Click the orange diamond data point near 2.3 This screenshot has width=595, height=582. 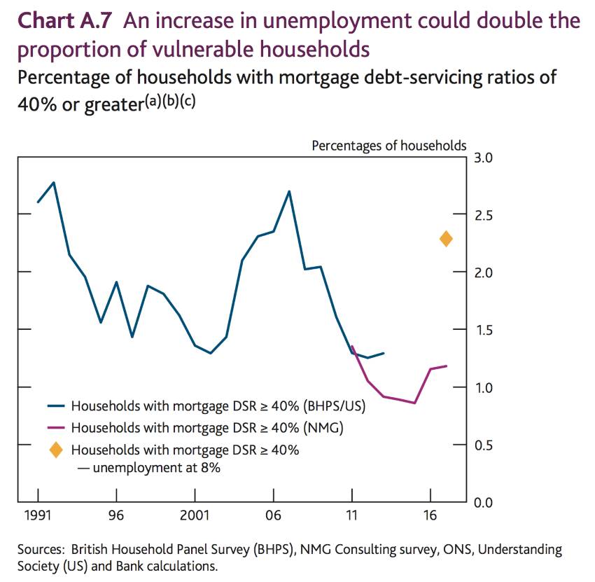pos(446,240)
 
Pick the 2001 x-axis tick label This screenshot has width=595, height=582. pos(195,516)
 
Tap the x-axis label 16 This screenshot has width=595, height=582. pos(430,516)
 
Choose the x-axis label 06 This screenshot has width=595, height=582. pos(273,516)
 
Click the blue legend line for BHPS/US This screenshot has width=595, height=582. pos(57,406)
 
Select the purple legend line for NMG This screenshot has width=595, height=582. pos(57,427)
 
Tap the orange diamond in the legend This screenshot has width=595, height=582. pos(57,450)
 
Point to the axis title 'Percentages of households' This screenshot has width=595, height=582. pos(388,146)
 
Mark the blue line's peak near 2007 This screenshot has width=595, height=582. pos(289,190)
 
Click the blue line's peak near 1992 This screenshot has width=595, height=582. pos(54,182)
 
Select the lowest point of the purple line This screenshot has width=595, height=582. pos(415,403)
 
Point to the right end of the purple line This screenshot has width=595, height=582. pos(446,366)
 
